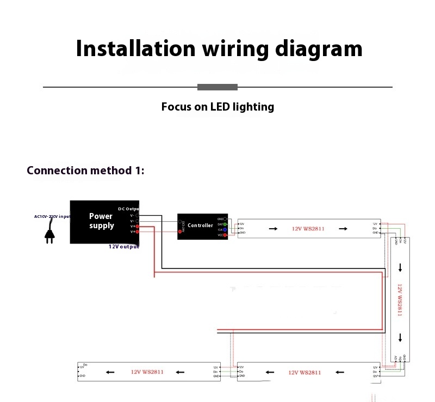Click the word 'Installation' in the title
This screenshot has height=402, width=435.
(x=135, y=48)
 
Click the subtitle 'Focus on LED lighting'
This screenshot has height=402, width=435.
(x=217, y=107)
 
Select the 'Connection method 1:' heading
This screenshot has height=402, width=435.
(x=86, y=170)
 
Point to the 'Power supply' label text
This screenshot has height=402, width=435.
(x=102, y=221)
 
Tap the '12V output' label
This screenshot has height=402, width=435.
(x=123, y=247)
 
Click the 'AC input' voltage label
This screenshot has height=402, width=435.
(x=52, y=216)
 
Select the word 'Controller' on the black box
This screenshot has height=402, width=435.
(x=200, y=226)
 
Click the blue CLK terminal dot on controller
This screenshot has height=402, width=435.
(x=225, y=230)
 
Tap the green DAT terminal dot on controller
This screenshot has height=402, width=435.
(x=225, y=224)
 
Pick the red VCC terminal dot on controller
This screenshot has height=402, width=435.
(x=225, y=235)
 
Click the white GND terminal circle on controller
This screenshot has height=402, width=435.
(x=225, y=218)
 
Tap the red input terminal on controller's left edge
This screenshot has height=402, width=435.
(x=179, y=231)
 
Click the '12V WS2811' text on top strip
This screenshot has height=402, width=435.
(x=308, y=229)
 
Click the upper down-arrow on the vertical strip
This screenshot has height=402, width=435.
(x=400, y=267)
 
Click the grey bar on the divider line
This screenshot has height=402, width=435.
(x=217, y=87)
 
